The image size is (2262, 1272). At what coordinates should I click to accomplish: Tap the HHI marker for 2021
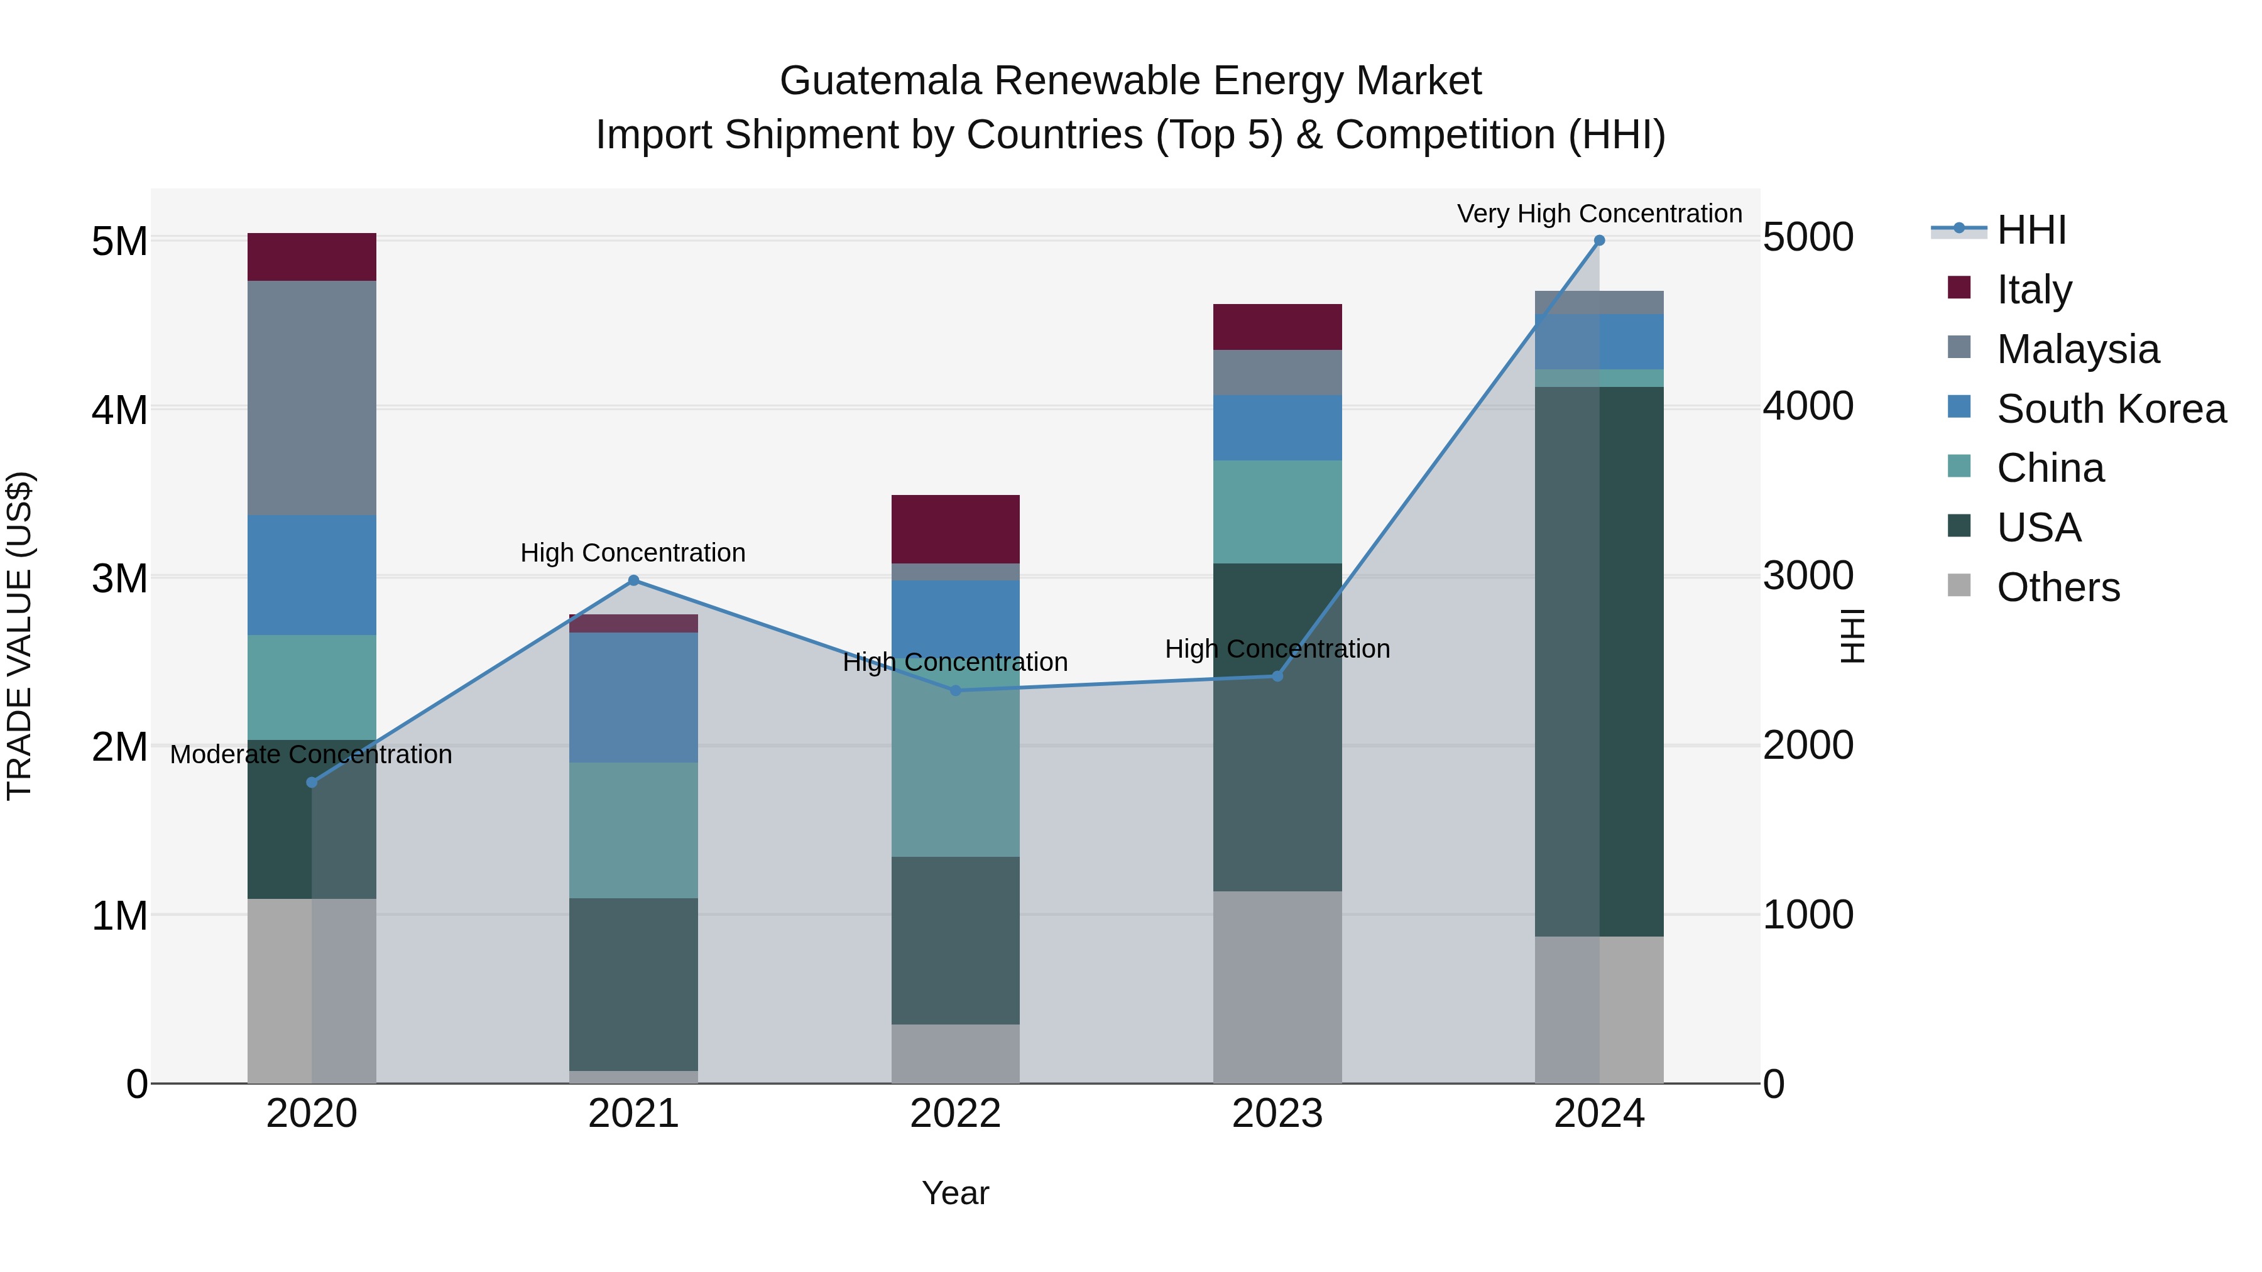tap(634, 580)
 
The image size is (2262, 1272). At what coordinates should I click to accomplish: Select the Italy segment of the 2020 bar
tap(312, 257)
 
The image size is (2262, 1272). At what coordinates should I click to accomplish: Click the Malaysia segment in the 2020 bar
tap(312, 398)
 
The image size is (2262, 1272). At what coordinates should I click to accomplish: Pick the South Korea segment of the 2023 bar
tap(1277, 428)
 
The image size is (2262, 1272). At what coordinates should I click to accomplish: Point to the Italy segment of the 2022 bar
tap(955, 528)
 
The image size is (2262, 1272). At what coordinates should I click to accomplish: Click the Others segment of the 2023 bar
tap(1277, 987)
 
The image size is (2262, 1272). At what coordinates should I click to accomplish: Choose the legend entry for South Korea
tap(2111, 409)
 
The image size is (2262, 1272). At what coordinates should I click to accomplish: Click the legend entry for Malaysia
tap(2078, 349)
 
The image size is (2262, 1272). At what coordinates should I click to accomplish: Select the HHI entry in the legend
tap(2031, 230)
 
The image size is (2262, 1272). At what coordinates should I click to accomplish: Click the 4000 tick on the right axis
tap(1807, 406)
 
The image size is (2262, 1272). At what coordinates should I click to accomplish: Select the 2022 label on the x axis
tap(955, 1114)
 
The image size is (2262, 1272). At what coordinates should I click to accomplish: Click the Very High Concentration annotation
tap(1599, 214)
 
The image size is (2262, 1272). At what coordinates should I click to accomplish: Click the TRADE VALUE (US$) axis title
tap(19, 636)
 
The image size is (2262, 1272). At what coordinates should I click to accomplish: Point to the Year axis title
tap(955, 1193)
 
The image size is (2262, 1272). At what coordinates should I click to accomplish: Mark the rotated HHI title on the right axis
tap(1851, 636)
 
